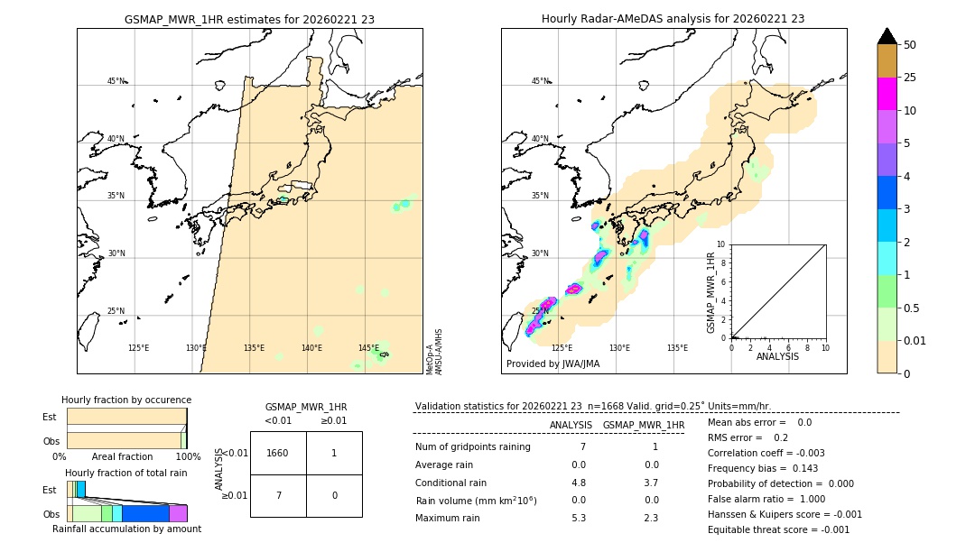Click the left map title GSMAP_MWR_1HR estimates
tap(249, 19)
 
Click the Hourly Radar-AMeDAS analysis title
tap(673, 19)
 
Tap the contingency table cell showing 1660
tap(278, 453)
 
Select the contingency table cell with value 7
tap(278, 495)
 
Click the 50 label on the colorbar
tap(910, 45)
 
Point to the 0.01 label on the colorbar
tap(915, 341)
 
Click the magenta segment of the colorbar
tap(887, 94)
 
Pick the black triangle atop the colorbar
tap(887, 36)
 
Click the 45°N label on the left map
tap(116, 81)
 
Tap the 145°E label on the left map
tap(368, 348)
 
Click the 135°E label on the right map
tap(677, 348)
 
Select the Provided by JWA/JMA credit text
tap(552, 364)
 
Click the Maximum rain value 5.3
tap(579, 519)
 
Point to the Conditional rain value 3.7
tap(651, 483)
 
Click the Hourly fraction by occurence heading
tap(126, 400)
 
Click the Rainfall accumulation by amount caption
tap(126, 529)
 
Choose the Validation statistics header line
tap(592, 407)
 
